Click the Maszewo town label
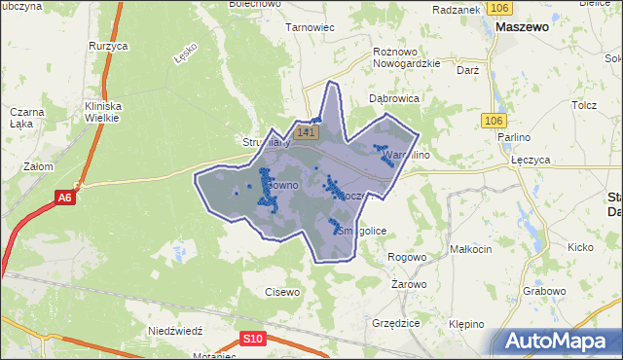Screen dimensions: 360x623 [x=522, y=28]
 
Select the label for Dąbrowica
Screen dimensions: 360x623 [x=393, y=98]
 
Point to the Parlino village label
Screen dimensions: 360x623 [x=513, y=137]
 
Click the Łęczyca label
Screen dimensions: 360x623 [x=531, y=159]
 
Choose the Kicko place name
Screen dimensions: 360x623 [x=580, y=247]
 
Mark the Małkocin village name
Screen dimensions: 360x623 [x=471, y=249]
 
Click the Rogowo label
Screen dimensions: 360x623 [x=407, y=257]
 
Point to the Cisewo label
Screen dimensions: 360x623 [x=282, y=291]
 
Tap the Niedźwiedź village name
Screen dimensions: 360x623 [x=174, y=331]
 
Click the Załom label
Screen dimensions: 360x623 [x=38, y=166]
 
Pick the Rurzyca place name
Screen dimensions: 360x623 [x=108, y=46]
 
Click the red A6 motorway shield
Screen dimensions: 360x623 [x=64, y=198]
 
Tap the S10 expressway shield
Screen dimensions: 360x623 [x=252, y=339]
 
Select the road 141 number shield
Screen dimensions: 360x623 [x=307, y=131]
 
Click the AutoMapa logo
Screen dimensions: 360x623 [x=561, y=342]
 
